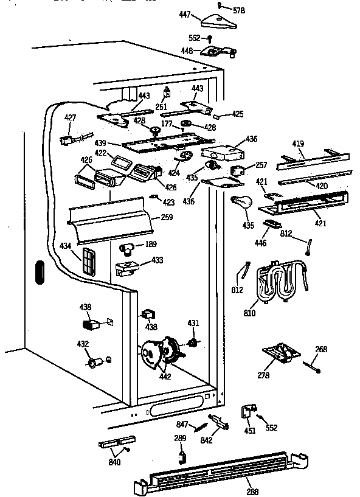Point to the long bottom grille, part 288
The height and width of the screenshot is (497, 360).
coord(219,471)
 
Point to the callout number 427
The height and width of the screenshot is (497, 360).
coord(71,118)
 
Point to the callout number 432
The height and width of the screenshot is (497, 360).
coord(83,344)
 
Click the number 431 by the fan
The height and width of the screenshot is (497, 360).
coord(193,322)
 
